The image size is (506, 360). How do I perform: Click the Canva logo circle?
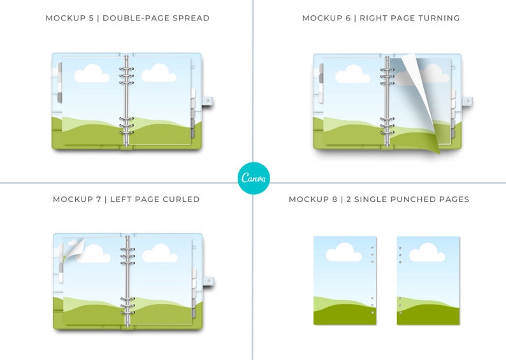(254, 178)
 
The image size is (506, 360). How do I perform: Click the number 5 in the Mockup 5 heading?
(91, 18)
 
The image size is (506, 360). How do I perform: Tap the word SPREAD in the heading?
(191, 18)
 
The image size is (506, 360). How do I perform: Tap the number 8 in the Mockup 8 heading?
(335, 199)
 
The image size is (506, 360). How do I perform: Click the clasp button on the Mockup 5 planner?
(208, 101)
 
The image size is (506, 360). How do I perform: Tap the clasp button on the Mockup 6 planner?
(468, 101)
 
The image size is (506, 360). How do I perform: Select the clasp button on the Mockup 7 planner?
(209, 281)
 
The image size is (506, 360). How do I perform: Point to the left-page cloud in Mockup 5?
(92, 73)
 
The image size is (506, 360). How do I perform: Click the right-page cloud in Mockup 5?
(159, 73)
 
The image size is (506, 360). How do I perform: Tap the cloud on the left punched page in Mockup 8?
(343, 252)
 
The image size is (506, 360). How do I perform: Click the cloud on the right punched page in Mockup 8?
(427, 252)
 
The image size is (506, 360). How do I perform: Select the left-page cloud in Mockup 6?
(352, 74)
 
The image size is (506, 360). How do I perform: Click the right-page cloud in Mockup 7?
(160, 253)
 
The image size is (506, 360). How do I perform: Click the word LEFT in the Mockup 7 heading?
(121, 199)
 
